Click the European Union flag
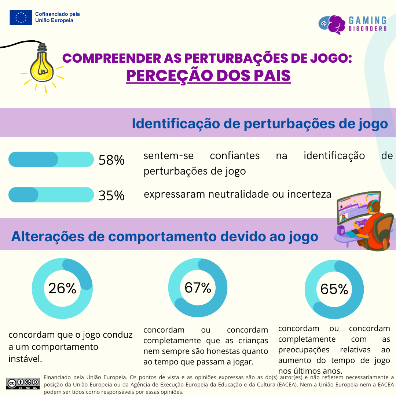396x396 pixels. click(21, 18)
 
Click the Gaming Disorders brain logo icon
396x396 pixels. click(332, 24)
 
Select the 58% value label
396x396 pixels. click(111, 160)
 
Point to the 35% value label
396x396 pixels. click(111, 195)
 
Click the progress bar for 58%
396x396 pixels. click(51, 159)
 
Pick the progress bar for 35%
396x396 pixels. click(51, 195)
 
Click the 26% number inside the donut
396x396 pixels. click(62, 289)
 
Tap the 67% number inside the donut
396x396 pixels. click(198, 288)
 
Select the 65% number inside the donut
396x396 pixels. click(334, 289)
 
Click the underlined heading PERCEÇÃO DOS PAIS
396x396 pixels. click(208, 76)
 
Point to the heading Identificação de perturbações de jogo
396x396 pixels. click(260, 124)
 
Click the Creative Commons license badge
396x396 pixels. click(23, 383)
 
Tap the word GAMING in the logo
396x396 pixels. click(367, 20)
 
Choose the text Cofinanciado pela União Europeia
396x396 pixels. click(57, 17)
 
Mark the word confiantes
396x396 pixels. click(235, 156)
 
